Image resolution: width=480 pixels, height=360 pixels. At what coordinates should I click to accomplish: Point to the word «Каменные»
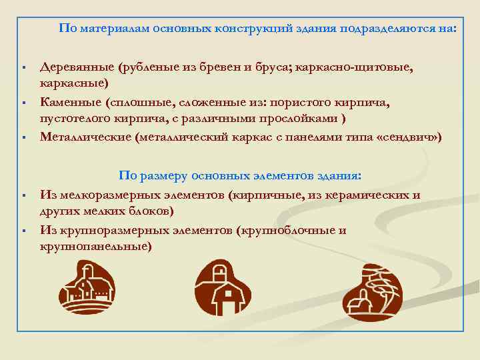click(x=70, y=102)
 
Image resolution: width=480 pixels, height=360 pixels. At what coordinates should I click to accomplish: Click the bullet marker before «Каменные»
click(x=23, y=103)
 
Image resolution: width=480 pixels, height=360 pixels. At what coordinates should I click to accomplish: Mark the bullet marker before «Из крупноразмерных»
click(x=23, y=231)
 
